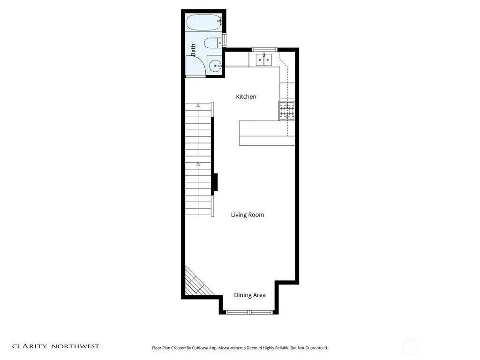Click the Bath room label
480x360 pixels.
[193, 50]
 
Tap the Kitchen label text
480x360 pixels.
[246, 97]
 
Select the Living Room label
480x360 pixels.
[247, 215]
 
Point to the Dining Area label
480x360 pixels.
[250, 295]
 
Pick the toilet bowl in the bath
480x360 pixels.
[211, 43]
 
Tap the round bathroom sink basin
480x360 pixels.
[215, 66]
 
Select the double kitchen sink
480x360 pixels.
[263, 60]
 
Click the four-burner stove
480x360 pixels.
[286, 111]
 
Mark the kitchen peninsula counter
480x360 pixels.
[267, 133]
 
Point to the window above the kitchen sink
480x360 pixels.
[264, 50]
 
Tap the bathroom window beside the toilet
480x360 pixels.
[225, 40]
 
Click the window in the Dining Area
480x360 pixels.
[249, 312]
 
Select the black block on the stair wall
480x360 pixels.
[215, 182]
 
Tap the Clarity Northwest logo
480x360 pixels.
[56, 346]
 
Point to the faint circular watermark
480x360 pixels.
[410, 348]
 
